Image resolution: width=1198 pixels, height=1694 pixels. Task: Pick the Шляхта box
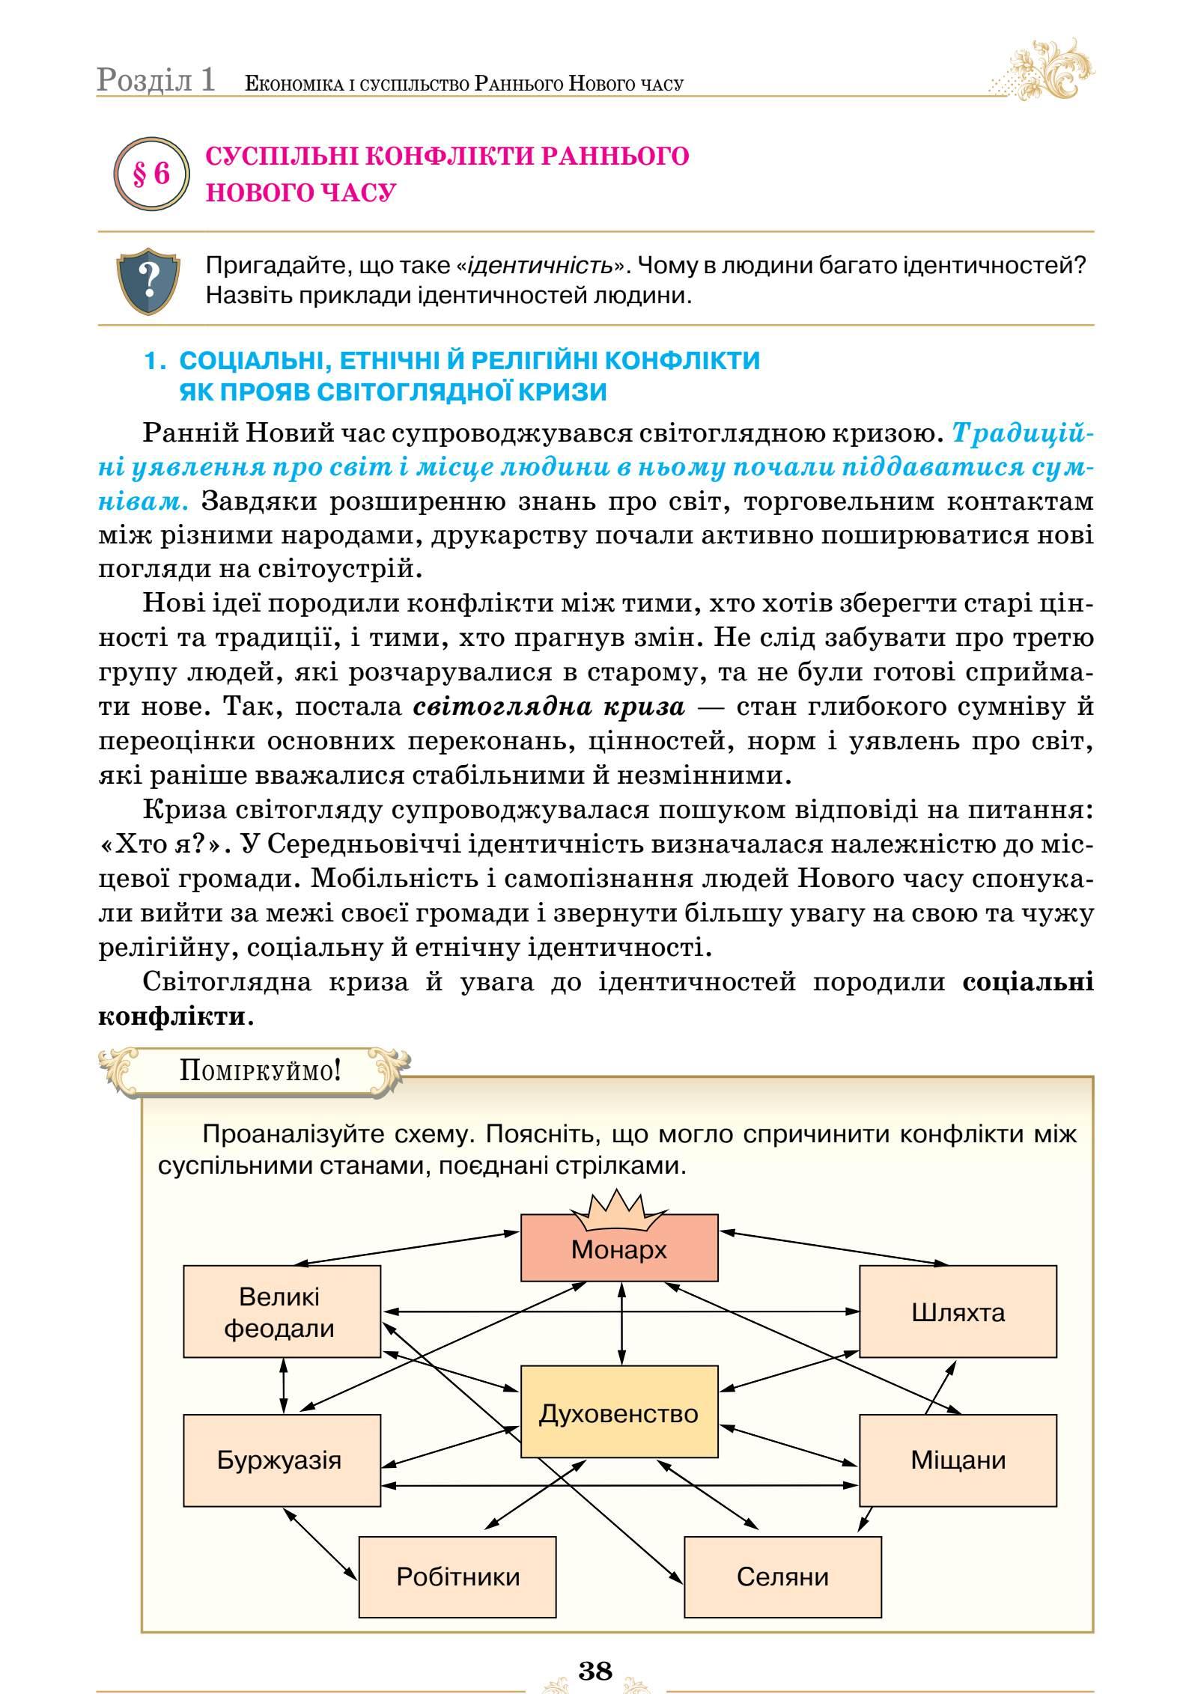(957, 1312)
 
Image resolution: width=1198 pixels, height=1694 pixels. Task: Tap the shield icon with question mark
(149, 281)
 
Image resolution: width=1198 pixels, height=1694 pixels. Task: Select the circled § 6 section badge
(151, 174)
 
